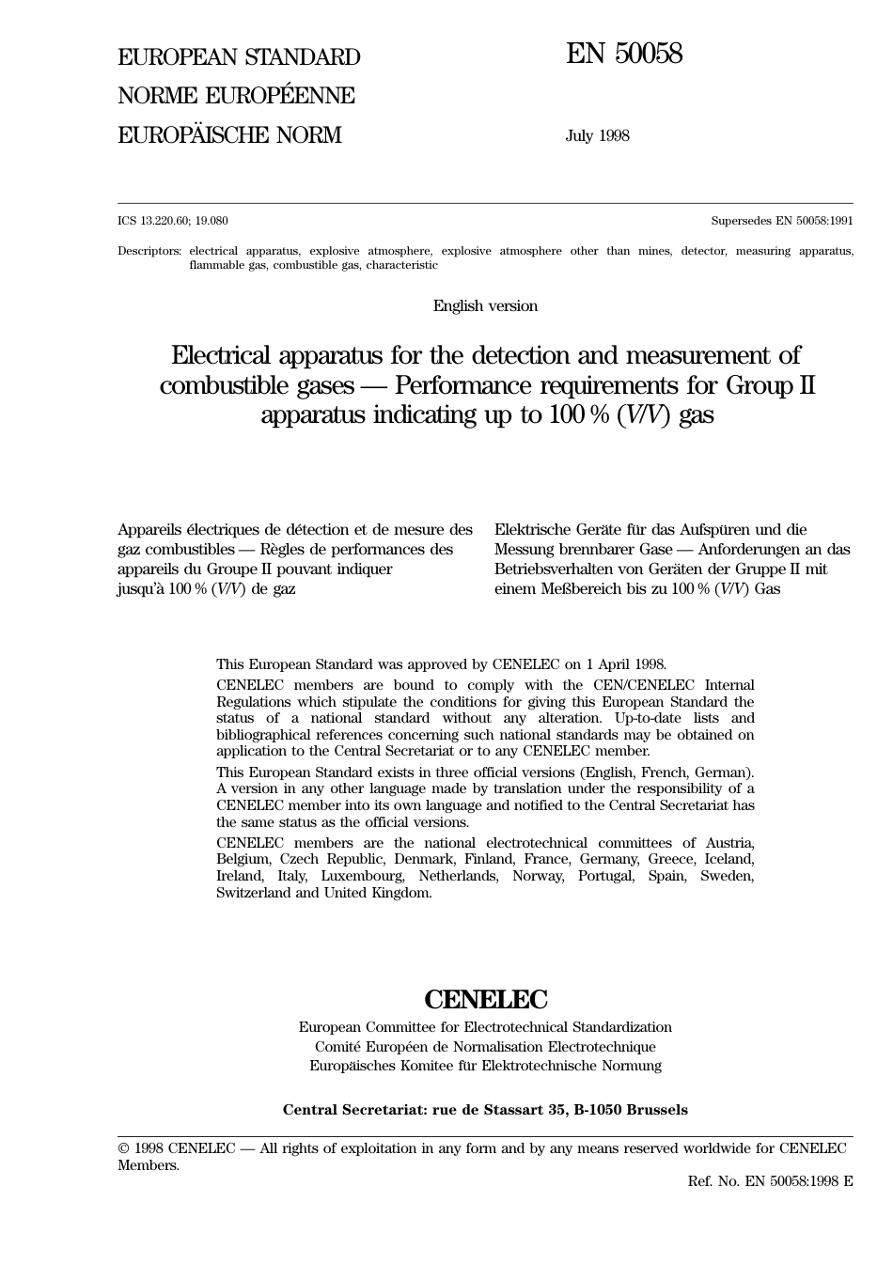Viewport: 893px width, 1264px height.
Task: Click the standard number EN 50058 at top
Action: [624, 55]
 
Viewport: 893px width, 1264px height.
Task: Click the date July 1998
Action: [597, 135]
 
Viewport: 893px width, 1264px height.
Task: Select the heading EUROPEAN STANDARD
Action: [239, 57]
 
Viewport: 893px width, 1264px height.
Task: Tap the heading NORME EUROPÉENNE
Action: [236, 96]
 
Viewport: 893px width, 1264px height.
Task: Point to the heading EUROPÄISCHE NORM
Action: [229, 135]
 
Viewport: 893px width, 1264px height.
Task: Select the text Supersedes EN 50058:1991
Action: [782, 221]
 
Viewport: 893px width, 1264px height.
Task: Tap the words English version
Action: [485, 305]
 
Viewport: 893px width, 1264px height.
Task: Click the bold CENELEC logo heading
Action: [485, 999]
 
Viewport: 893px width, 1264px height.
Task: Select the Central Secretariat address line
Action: [485, 1110]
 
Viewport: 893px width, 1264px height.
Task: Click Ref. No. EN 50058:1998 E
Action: [770, 1181]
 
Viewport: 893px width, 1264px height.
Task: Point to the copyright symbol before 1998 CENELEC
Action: [123, 1148]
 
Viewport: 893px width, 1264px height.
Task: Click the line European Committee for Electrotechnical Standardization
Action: [485, 1027]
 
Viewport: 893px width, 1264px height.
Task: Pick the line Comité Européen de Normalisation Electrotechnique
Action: [485, 1047]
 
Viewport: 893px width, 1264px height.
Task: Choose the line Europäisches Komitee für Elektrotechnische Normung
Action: [485, 1066]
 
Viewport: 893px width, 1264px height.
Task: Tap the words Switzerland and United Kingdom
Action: [324, 893]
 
